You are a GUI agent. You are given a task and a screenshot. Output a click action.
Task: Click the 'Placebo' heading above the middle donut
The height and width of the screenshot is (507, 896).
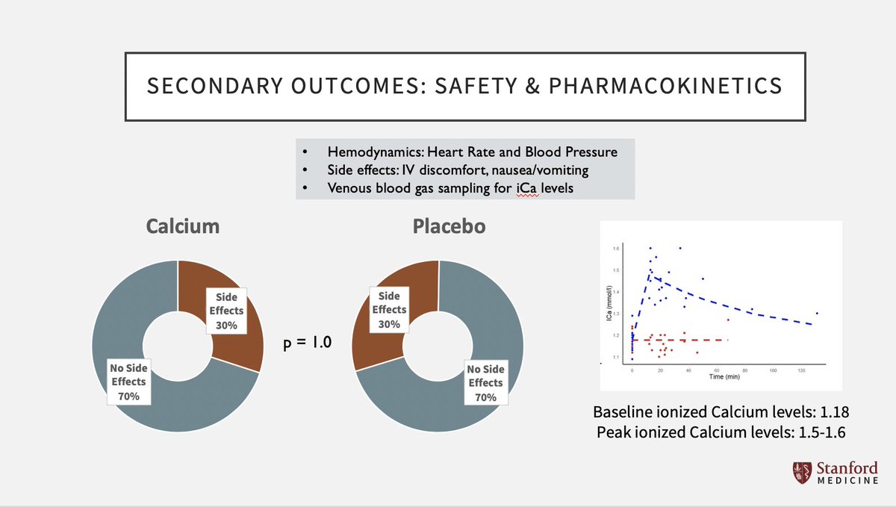point(449,226)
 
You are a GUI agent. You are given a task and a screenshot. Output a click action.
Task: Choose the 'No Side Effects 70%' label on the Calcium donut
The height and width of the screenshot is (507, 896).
point(128,382)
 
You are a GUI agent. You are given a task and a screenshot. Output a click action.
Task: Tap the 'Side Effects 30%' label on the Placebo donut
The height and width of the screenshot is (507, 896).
point(388,310)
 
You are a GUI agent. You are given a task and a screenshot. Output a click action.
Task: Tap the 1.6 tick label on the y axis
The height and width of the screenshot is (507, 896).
point(616,248)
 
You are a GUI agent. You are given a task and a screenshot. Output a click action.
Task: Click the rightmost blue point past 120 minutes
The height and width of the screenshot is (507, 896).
point(817,313)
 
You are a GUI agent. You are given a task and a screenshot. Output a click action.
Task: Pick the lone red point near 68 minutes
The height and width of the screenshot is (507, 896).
point(728,320)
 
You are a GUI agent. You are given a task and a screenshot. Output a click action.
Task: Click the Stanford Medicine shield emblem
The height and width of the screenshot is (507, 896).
point(799,473)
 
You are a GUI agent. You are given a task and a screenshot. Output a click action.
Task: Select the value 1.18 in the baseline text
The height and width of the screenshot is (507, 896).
point(833,411)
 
